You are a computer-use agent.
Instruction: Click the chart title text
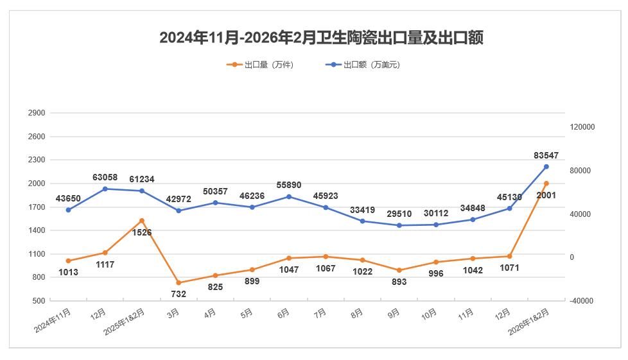click(321, 38)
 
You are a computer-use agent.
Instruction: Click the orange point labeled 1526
click(142, 221)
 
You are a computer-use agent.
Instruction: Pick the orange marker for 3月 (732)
click(179, 282)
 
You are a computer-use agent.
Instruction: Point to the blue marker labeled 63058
click(105, 189)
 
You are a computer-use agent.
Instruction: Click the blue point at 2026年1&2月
click(546, 167)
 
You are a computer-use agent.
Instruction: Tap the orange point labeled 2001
click(546, 184)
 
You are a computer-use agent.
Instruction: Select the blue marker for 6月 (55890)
click(289, 196)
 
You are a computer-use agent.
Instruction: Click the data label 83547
click(546, 155)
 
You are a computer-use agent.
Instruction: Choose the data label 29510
click(398, 214)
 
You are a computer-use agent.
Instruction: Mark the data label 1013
click(67, 272)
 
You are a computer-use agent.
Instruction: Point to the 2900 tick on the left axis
click(37, 113)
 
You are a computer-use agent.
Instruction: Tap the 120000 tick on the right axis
click(582, 127)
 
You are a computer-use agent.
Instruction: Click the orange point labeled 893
click(399, 270)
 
